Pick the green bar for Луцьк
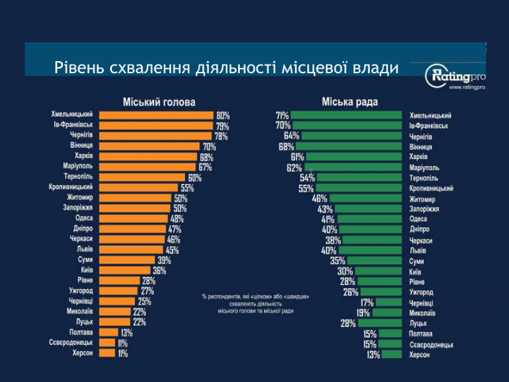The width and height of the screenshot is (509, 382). click(x=380, y=323)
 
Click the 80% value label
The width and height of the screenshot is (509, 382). click(x=223, y=116)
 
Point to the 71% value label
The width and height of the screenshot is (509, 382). click(x=282, y=115)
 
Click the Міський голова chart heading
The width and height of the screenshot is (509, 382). click(x=158, y=102)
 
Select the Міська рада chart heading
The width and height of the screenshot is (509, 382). click(x=349, y=102)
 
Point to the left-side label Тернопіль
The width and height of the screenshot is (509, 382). click(x=80, y=177)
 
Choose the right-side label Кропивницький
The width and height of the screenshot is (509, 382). click(x=431, y=188)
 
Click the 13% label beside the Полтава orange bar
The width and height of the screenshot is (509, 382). click(x=126, y=332)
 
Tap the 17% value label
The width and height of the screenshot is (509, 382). click(x=367, y=302)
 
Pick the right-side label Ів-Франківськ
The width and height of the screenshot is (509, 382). click(x=430, y=126)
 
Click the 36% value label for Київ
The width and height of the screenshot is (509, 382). click(x=159, y=271)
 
